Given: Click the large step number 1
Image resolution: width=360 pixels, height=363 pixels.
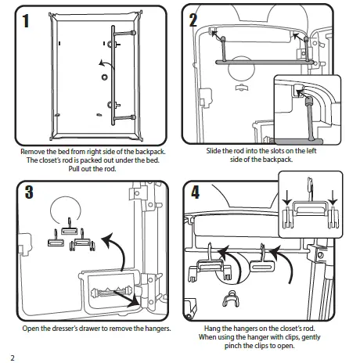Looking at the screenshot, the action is (26, 21).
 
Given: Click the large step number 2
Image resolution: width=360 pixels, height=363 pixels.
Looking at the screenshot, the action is (193, 20).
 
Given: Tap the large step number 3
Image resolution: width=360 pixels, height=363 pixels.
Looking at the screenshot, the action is (29, 192).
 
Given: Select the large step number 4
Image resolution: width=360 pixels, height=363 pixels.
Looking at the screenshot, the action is (196, 192).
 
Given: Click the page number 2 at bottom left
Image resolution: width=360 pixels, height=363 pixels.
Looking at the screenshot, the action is (13, 358).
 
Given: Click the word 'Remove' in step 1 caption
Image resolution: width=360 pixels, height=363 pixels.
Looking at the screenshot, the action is (31, 152).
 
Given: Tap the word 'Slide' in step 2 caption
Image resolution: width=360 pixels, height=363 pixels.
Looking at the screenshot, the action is (214, 151).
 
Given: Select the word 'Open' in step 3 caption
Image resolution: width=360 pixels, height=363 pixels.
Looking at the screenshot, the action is (29, 329).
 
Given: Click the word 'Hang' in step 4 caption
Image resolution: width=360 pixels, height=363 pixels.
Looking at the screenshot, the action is (211, 329).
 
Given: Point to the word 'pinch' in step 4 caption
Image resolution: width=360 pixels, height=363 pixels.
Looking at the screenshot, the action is (232, 346).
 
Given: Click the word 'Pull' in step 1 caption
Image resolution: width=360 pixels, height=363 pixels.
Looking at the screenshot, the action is (74, 169).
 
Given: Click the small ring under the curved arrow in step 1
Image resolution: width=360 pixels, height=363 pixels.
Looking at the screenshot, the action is (104, 77).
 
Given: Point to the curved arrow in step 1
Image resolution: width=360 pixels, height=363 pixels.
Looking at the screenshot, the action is (106, 63).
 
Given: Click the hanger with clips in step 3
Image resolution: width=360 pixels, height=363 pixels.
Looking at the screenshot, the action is (82, 243).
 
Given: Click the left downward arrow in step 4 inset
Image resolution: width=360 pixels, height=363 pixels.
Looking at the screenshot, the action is (287, 198).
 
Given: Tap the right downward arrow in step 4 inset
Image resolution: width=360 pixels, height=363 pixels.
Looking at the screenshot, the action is (333, 198).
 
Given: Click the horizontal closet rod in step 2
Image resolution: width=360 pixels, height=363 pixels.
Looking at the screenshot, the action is (265, 63).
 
